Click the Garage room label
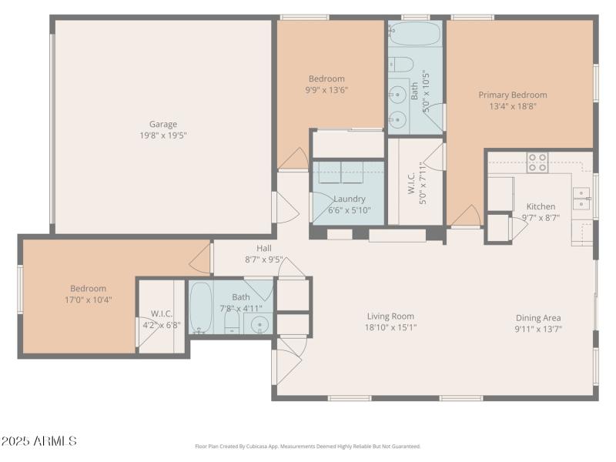[x=162, y=124]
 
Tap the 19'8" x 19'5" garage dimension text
[x=162, y=136]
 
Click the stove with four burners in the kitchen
[x=537, y=162]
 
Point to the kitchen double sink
[x=581, y=198]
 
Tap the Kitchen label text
[x=541, y=206]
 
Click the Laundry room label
[x=349, y=199]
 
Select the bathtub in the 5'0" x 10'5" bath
[x=415, y=34]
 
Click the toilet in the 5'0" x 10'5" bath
[x=403, y=64]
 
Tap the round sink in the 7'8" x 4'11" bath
[x=259, y=323]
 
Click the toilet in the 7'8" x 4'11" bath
[x=232, y=323]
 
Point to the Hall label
[x=264, y=248]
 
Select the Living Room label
[x=390, y=316]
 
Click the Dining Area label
[x=538, y=317]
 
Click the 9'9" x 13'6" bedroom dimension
[x=326, y=89]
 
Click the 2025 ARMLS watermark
[x=39, y=441]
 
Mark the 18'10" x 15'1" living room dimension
[x=390, y=327]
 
